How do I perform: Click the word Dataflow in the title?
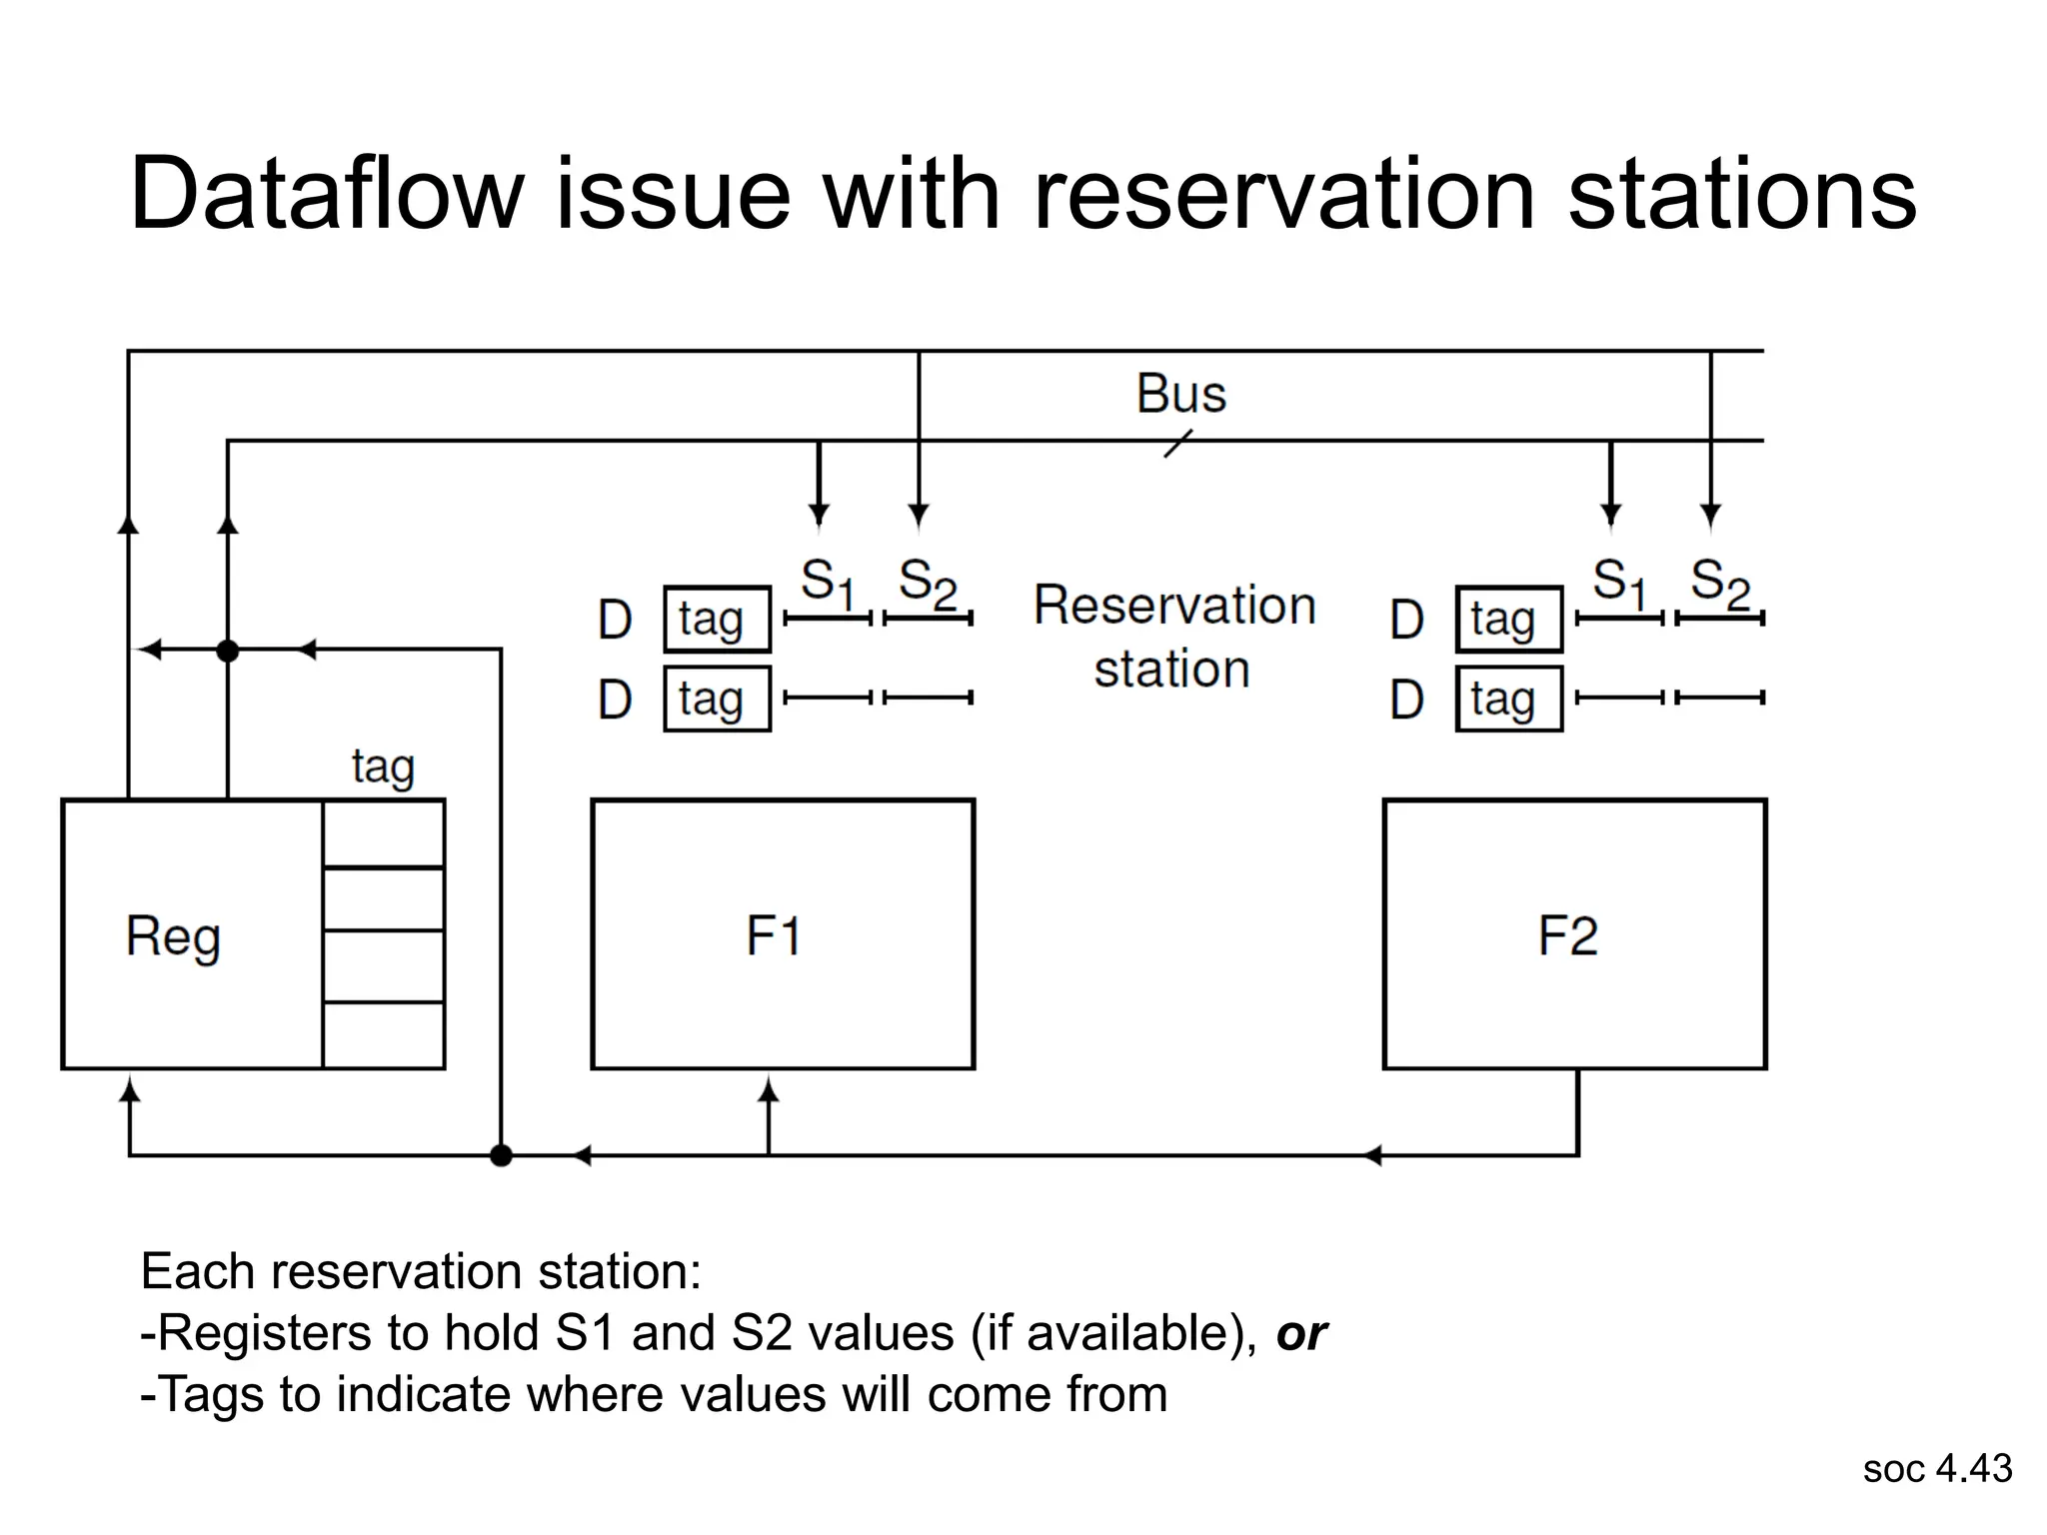pos(327,194)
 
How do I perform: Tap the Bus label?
pos(1180,394)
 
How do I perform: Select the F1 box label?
pos(773,936)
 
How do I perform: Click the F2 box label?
pos(1567,936)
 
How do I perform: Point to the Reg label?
pos(173,937)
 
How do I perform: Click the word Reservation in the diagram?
pos(1174,606)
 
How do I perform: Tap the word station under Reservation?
pos(1171,669)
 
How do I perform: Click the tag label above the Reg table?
pos(383,767)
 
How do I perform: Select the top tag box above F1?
pos(717,620)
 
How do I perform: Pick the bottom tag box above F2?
pos(1508,700)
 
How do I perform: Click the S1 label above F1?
pos(828,582)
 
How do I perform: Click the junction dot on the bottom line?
pos(502,1156)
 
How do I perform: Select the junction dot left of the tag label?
pos(228,652)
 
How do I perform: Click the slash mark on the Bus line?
pos(1178,444)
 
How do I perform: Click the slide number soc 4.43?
pos(1936,1468)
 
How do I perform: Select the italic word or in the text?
pos(1300,1333)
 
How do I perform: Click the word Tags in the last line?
pos(210,1394)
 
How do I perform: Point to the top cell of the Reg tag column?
pos(384,833)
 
